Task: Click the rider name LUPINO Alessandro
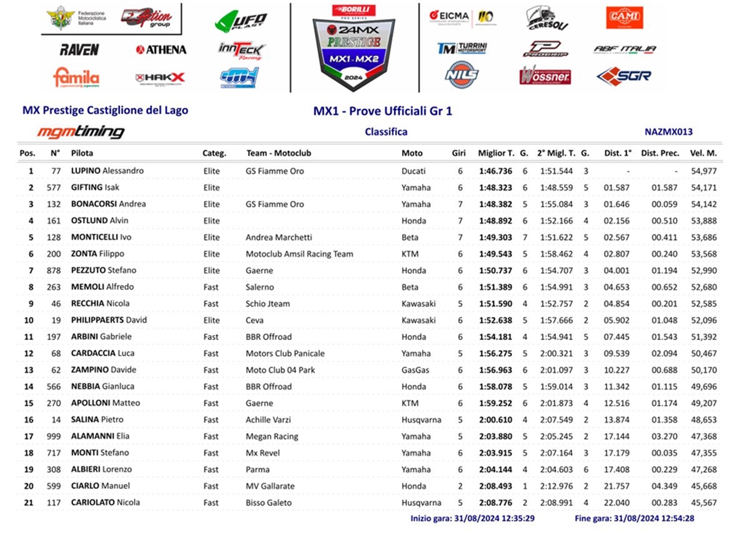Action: click(107, 171)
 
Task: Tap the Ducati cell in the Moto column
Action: click(413, 171)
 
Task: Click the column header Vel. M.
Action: click(703, 153)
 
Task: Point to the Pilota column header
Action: click(82, 153)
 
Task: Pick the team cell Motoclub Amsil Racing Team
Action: click(299, 254)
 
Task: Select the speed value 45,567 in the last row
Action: click(703, 503)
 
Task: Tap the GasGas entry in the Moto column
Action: click(416, 370)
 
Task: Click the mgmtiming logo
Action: click(81, 132)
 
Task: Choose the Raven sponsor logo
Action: click(79, 49)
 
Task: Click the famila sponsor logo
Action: click(76, 78)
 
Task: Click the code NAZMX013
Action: click(668, 132)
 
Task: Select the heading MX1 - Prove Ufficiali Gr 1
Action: click(383, 111)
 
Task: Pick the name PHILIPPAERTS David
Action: click(109, 320)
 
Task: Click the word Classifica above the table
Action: click(386, 132)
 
